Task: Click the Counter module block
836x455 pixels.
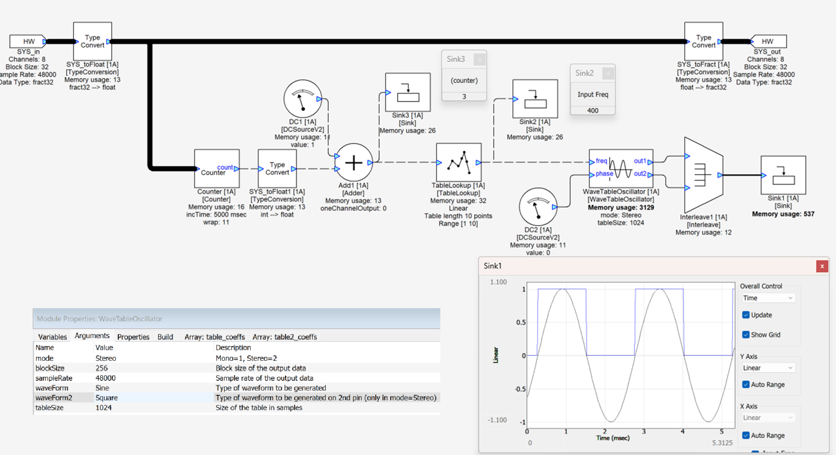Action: coord(217,168)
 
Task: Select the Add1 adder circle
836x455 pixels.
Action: coord(354,162)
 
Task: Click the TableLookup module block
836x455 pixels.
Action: coord(459,162)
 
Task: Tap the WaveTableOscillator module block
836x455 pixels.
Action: coord(621,167)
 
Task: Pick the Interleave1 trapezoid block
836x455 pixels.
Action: coord(703,174)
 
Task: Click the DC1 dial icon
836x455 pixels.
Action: coord(302,99)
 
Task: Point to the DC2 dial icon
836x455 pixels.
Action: coord(538,207)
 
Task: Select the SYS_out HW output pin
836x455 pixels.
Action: coord(768,41)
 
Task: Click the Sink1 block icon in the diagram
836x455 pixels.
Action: coord(783,175)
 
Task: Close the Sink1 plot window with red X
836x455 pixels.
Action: coord(822,266)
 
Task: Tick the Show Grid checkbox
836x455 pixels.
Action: coord(746,335)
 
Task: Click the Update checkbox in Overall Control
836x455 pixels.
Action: coord(746,315)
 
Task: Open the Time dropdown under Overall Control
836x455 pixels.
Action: coord(768,298)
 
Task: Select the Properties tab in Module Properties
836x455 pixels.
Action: coord(133,337)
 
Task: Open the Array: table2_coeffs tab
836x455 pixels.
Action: coord(285,337)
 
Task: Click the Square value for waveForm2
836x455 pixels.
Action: coord(107,398)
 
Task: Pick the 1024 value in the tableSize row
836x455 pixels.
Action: coord(103,408)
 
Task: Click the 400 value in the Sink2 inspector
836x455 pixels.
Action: coord(592,111)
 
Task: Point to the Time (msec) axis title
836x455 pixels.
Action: coord(613,438)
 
